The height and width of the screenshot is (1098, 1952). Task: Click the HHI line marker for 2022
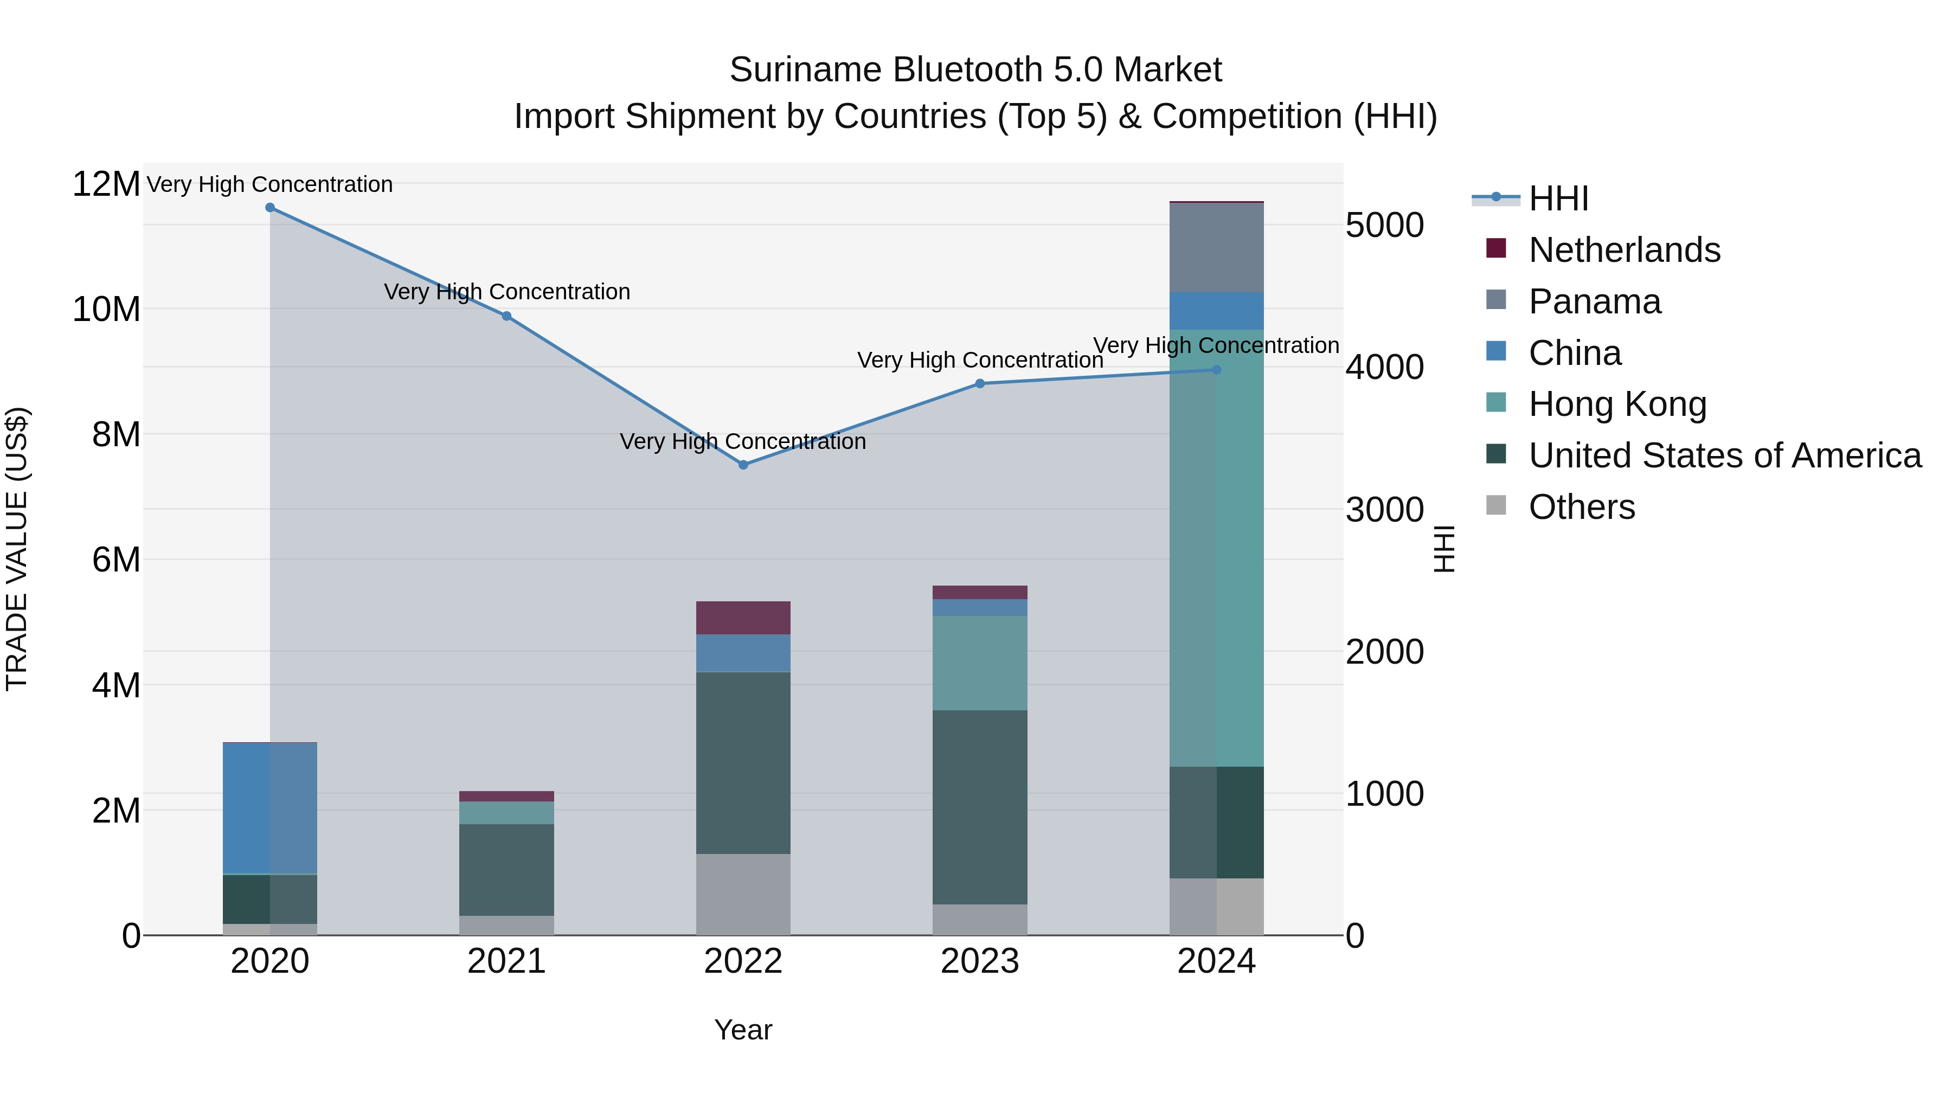pos(743,465)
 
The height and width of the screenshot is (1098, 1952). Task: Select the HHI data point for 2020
pos(270,208)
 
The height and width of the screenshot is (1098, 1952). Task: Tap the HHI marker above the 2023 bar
pos(980,383)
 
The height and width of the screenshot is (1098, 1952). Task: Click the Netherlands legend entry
pos(1624,250)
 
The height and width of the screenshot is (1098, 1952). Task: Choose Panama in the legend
pos(1594,301)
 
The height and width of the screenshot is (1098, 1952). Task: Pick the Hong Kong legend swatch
pos(1496,403)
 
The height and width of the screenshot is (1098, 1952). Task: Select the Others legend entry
pos(1582,507)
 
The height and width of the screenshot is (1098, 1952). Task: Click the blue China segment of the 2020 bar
pos(270,808)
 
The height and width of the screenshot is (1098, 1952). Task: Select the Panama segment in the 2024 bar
pos(1216,248)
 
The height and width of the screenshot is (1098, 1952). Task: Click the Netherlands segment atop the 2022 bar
pos(743,618)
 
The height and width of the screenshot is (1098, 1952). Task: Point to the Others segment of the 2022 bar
pos(743,894)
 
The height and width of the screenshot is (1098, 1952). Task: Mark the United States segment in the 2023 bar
pos(980,807)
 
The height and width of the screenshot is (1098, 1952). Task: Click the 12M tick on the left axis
pos(106,184)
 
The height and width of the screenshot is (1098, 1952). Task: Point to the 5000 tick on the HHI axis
pos(1384,225)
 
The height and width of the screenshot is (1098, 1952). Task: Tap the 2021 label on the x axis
pos(506,961)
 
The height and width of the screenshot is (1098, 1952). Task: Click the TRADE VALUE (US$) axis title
pos(17,549)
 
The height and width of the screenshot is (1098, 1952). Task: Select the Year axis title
pos(743,1030)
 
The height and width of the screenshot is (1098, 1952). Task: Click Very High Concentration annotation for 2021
pos(506,292)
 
